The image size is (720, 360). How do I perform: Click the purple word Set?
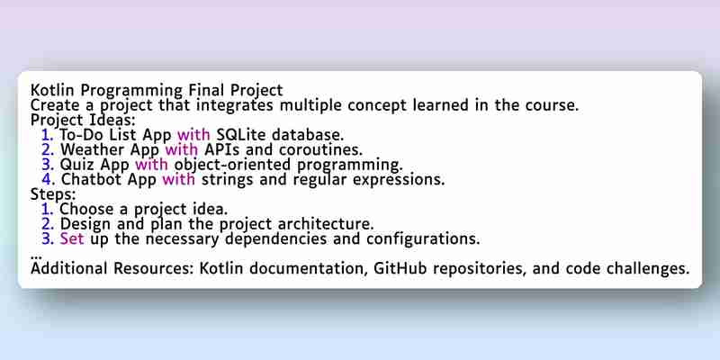72,238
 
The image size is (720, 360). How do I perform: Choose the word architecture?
326,224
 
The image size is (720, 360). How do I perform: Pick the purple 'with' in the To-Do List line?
193,134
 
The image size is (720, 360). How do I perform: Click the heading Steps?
53,194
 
